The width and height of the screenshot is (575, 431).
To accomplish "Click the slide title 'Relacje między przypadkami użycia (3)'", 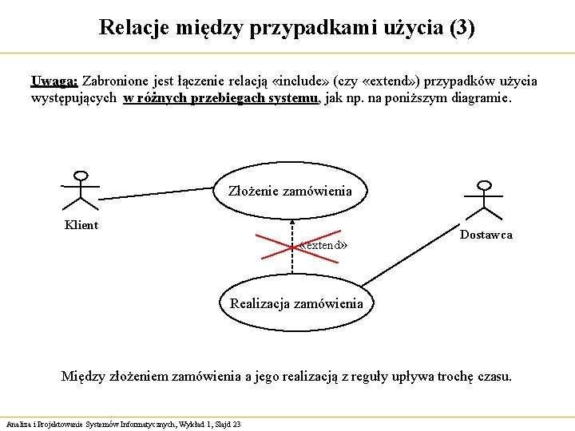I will [287, 28].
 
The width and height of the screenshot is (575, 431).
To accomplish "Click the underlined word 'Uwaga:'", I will [54, 81].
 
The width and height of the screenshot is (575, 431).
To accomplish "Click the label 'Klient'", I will [81, 225].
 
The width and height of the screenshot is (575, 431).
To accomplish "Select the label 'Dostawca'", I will [486, 235].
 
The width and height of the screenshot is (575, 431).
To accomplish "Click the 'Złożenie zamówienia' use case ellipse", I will [289, 191].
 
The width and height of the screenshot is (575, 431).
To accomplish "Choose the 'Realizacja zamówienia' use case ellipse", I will [295, 303].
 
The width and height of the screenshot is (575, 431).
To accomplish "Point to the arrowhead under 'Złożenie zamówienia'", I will [293, 223].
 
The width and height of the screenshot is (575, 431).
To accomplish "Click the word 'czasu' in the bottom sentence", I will [494, 376].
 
